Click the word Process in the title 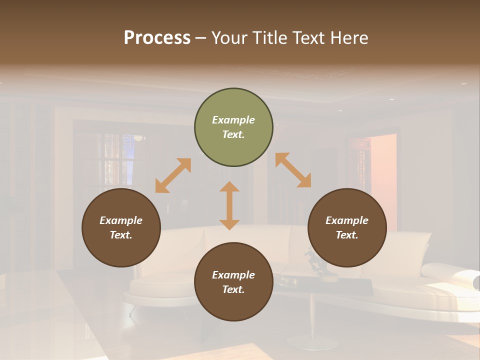[157, 38]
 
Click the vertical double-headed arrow [229, 205]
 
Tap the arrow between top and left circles [173, 175]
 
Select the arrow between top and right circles [293, 170]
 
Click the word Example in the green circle [233, 120]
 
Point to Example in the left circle [121, 220]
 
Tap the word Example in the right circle [347, 220]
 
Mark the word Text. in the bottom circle [233, 289]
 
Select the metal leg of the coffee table [311, 320]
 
